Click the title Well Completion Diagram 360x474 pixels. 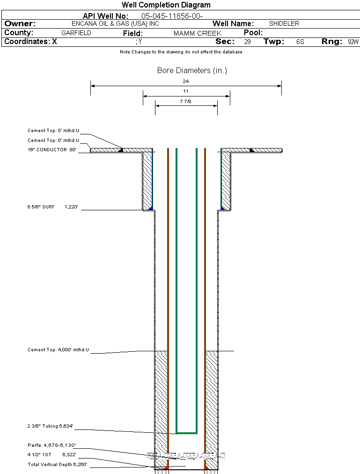pos(166,5)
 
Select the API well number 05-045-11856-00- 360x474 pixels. pos(172,16)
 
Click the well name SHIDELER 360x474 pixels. pos(284,23)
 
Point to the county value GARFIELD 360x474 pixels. pos(76,33)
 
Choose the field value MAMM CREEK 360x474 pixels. pos(197,34)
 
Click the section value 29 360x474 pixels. pos(247,42)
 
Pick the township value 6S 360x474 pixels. pos(300,42)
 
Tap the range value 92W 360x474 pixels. pos(353,42)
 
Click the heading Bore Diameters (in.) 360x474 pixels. pos(192,71)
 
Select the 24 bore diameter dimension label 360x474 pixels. pos(186,81)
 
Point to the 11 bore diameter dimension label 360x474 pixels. pos(186,91)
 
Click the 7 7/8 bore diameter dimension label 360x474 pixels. pos(186,101)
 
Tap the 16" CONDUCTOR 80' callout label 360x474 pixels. pos(51,150)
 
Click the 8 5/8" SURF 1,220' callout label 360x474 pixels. pos(54,206)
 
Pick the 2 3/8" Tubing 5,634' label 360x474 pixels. pos(50,426)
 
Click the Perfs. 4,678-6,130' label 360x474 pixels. pos(51,445)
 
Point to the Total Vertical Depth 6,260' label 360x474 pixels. pos(57,465)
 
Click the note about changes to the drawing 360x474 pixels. pos(181,52)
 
